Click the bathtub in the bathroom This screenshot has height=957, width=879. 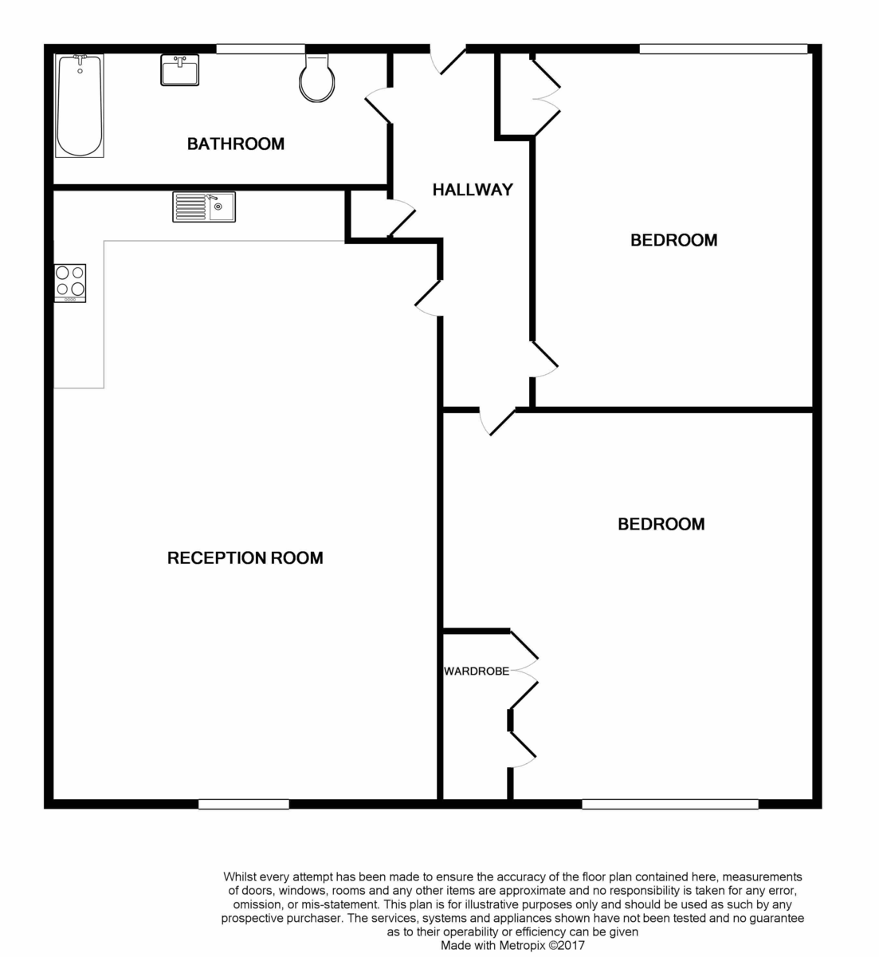pyautogui.click(x=80, y=105)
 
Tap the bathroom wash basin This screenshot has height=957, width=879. pyautogui.click(x=179, y=69)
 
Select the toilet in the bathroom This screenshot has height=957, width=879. pyautogui.click(x=316, y=78)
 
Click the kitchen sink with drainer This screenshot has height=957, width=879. pyautogui.click(x=203, y=207)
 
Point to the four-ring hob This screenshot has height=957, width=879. pyautogui.click(x=70, y=282)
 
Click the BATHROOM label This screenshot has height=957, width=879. pyautogui.click(x=235, y=144)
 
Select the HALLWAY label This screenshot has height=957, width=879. pyautogui.click(x=473, y=190)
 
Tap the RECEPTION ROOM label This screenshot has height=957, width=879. pyautogui.click(x=245, y=558)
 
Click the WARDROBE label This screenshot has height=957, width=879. pyautogui.click(x=476, y=671)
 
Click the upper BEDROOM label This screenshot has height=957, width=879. pyautogui.click(x=673, y=240)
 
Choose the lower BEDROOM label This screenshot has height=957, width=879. pyautogui.click(x=661, y=524)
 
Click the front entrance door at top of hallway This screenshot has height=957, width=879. pyautogui.click(x=448, y=61)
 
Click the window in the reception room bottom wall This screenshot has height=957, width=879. pyautogui.click(x=243, y=804)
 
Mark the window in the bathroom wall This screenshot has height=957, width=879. pyautogui.click(x=260, y=49)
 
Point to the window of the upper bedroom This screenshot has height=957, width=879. pyautogui.click(x=723, y=49)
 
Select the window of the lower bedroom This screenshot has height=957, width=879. pyautogui.click(x=669, y=804)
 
